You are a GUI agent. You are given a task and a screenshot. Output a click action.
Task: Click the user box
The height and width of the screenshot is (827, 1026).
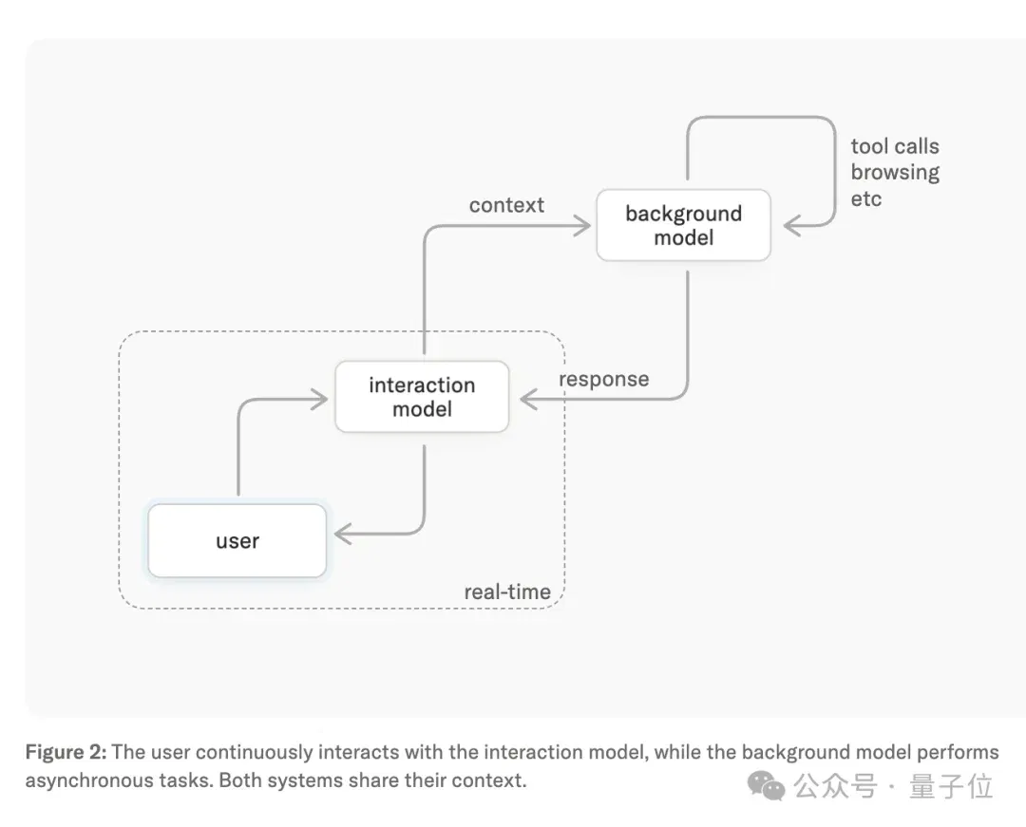(x=237, y=540)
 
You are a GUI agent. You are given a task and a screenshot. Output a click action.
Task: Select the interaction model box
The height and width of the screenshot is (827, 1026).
(x=422, y=397)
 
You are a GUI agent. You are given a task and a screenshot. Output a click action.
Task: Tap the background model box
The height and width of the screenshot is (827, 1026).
(x=684, y=226)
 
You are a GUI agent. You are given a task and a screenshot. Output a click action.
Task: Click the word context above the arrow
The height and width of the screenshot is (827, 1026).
(x=506, y=205)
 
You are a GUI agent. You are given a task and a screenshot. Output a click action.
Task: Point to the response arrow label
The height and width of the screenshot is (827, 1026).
(x=604, y=379)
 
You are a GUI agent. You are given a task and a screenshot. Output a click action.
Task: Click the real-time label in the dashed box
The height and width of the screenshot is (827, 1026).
(x=507, y=592)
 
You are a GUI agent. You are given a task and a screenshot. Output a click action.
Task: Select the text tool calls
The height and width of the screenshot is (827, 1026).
(x=895, y=146)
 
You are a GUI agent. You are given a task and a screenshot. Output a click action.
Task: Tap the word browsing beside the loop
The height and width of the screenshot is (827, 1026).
(x=895, y=173)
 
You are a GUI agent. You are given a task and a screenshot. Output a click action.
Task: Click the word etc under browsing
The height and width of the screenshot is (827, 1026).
(x=866, y=198)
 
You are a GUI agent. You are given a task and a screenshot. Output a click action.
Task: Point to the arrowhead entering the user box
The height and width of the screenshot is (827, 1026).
(x=343, y=535)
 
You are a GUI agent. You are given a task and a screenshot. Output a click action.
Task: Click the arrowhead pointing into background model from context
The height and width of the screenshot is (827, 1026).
(x=582, y=226)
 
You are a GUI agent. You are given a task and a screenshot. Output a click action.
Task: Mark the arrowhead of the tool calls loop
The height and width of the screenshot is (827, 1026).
(x=792, y=226)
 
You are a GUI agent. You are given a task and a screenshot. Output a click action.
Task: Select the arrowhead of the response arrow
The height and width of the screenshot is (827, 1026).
(x=529, y=399)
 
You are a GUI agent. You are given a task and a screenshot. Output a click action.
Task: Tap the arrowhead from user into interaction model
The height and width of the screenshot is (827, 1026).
(x=319, y=399)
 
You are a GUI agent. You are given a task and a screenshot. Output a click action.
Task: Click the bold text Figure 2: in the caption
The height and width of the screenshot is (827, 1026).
(x=66, y=752)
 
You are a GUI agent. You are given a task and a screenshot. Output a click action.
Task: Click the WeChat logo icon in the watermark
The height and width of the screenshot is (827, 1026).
(x=766, y=785)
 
